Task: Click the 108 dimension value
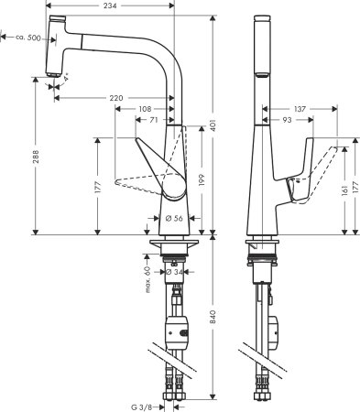click(143, 108)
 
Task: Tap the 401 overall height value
click(213, 125)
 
